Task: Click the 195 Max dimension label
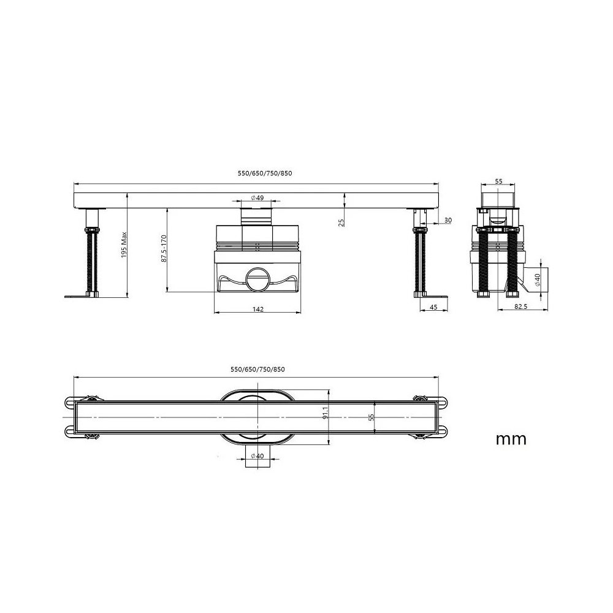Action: pyautogui.click(x=124, y=245)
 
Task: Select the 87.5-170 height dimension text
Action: pyautogui.click(x=164, y=248)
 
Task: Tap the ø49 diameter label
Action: pyautogui.click(x=257, y=198)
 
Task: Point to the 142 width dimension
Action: pyautogui.click(x=258, y=309)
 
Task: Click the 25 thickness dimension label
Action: pyautogui.click(x=341, y=223)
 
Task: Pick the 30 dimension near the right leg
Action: pyautogui.click(x=448, y=221)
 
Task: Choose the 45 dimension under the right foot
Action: pyautogui.click(x=433, y=307)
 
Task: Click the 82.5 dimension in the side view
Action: pyautogui.click(x=520, y=307)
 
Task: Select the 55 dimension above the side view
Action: pyautogui.click(x=499, y=181)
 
